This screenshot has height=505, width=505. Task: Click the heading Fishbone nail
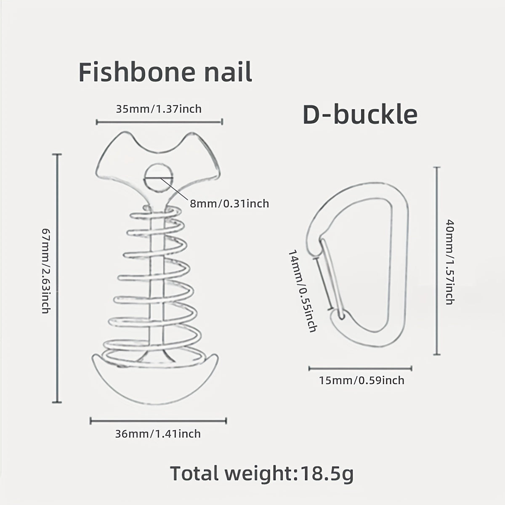click(x=165, y=72)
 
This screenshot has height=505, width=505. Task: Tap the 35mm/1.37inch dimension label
click(x=159, y=109)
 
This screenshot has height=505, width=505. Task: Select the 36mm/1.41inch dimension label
click(x=158, y=434)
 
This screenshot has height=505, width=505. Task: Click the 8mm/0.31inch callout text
click(x=230, y=204)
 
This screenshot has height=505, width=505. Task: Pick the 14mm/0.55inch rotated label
click(x=303, y=291)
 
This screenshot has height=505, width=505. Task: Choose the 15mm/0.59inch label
click(x=361, y=380)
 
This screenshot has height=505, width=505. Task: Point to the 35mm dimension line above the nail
click(x=159, y=122)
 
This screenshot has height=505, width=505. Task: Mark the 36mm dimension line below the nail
click(x=158, y=421)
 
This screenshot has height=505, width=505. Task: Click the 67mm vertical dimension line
click(x=57, y=278)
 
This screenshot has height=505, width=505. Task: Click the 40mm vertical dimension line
click(x=437, y=260)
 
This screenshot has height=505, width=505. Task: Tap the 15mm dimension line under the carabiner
click(x=361, y=368)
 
